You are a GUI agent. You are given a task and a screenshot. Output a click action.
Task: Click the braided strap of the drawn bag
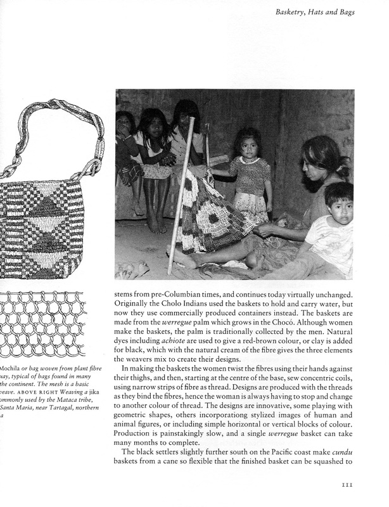click(54, 130)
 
